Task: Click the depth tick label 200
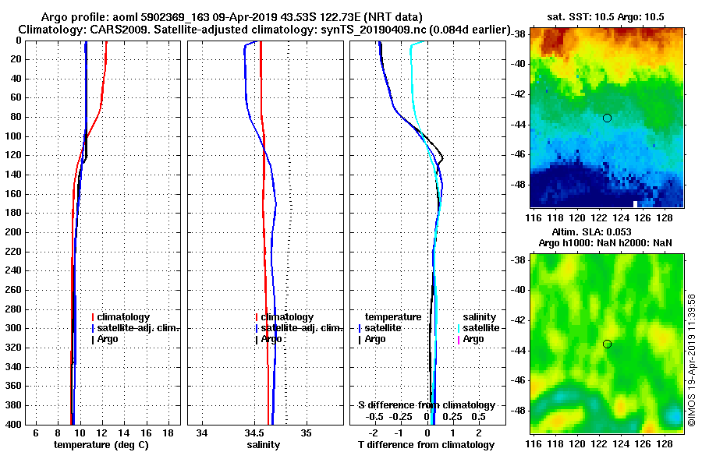[14, 232]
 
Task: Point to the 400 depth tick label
[14, 424]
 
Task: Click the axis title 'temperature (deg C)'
[101, 445]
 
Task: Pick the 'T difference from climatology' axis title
[426, 445]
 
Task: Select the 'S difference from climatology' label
[427, 405]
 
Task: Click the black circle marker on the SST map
[607, 118]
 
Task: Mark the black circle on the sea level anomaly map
[607, 344]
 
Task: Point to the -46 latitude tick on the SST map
[518, 155]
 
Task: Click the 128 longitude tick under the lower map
[668, 443]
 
